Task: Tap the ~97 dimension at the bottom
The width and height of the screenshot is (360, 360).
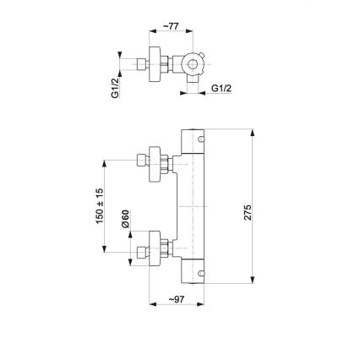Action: [x=175, y=300]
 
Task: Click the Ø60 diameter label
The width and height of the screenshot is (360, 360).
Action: [x=123, y=221]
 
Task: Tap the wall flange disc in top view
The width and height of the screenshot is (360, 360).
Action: [x=154, y=64]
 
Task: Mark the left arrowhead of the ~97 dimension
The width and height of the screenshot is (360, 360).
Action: [x=152, y=308]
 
